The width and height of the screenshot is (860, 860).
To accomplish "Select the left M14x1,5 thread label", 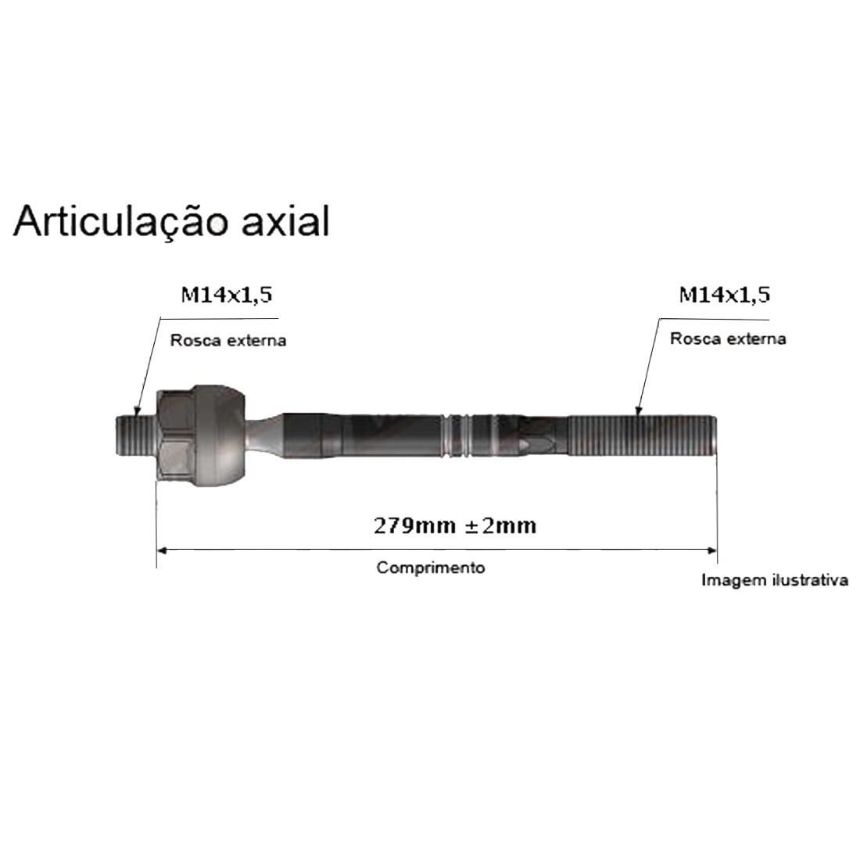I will coord(227,295).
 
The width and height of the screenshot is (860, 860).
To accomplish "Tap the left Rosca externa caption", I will coord(228,340).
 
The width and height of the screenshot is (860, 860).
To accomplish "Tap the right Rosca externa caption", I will coord(728,339).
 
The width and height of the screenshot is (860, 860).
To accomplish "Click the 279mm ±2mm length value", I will coord(455,525).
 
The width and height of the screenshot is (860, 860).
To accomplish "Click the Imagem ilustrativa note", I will coord(774,581).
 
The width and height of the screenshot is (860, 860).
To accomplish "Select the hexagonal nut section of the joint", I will coord(175,435).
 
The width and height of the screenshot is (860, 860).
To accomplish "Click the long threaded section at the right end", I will coord(641,435).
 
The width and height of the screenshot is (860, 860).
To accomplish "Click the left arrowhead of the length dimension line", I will coord(161,550).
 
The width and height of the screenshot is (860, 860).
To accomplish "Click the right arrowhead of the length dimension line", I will coord(713,550).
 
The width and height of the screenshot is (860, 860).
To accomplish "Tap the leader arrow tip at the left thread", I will coord(137,413).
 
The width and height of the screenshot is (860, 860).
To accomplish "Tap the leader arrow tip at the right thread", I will coord(639,411).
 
